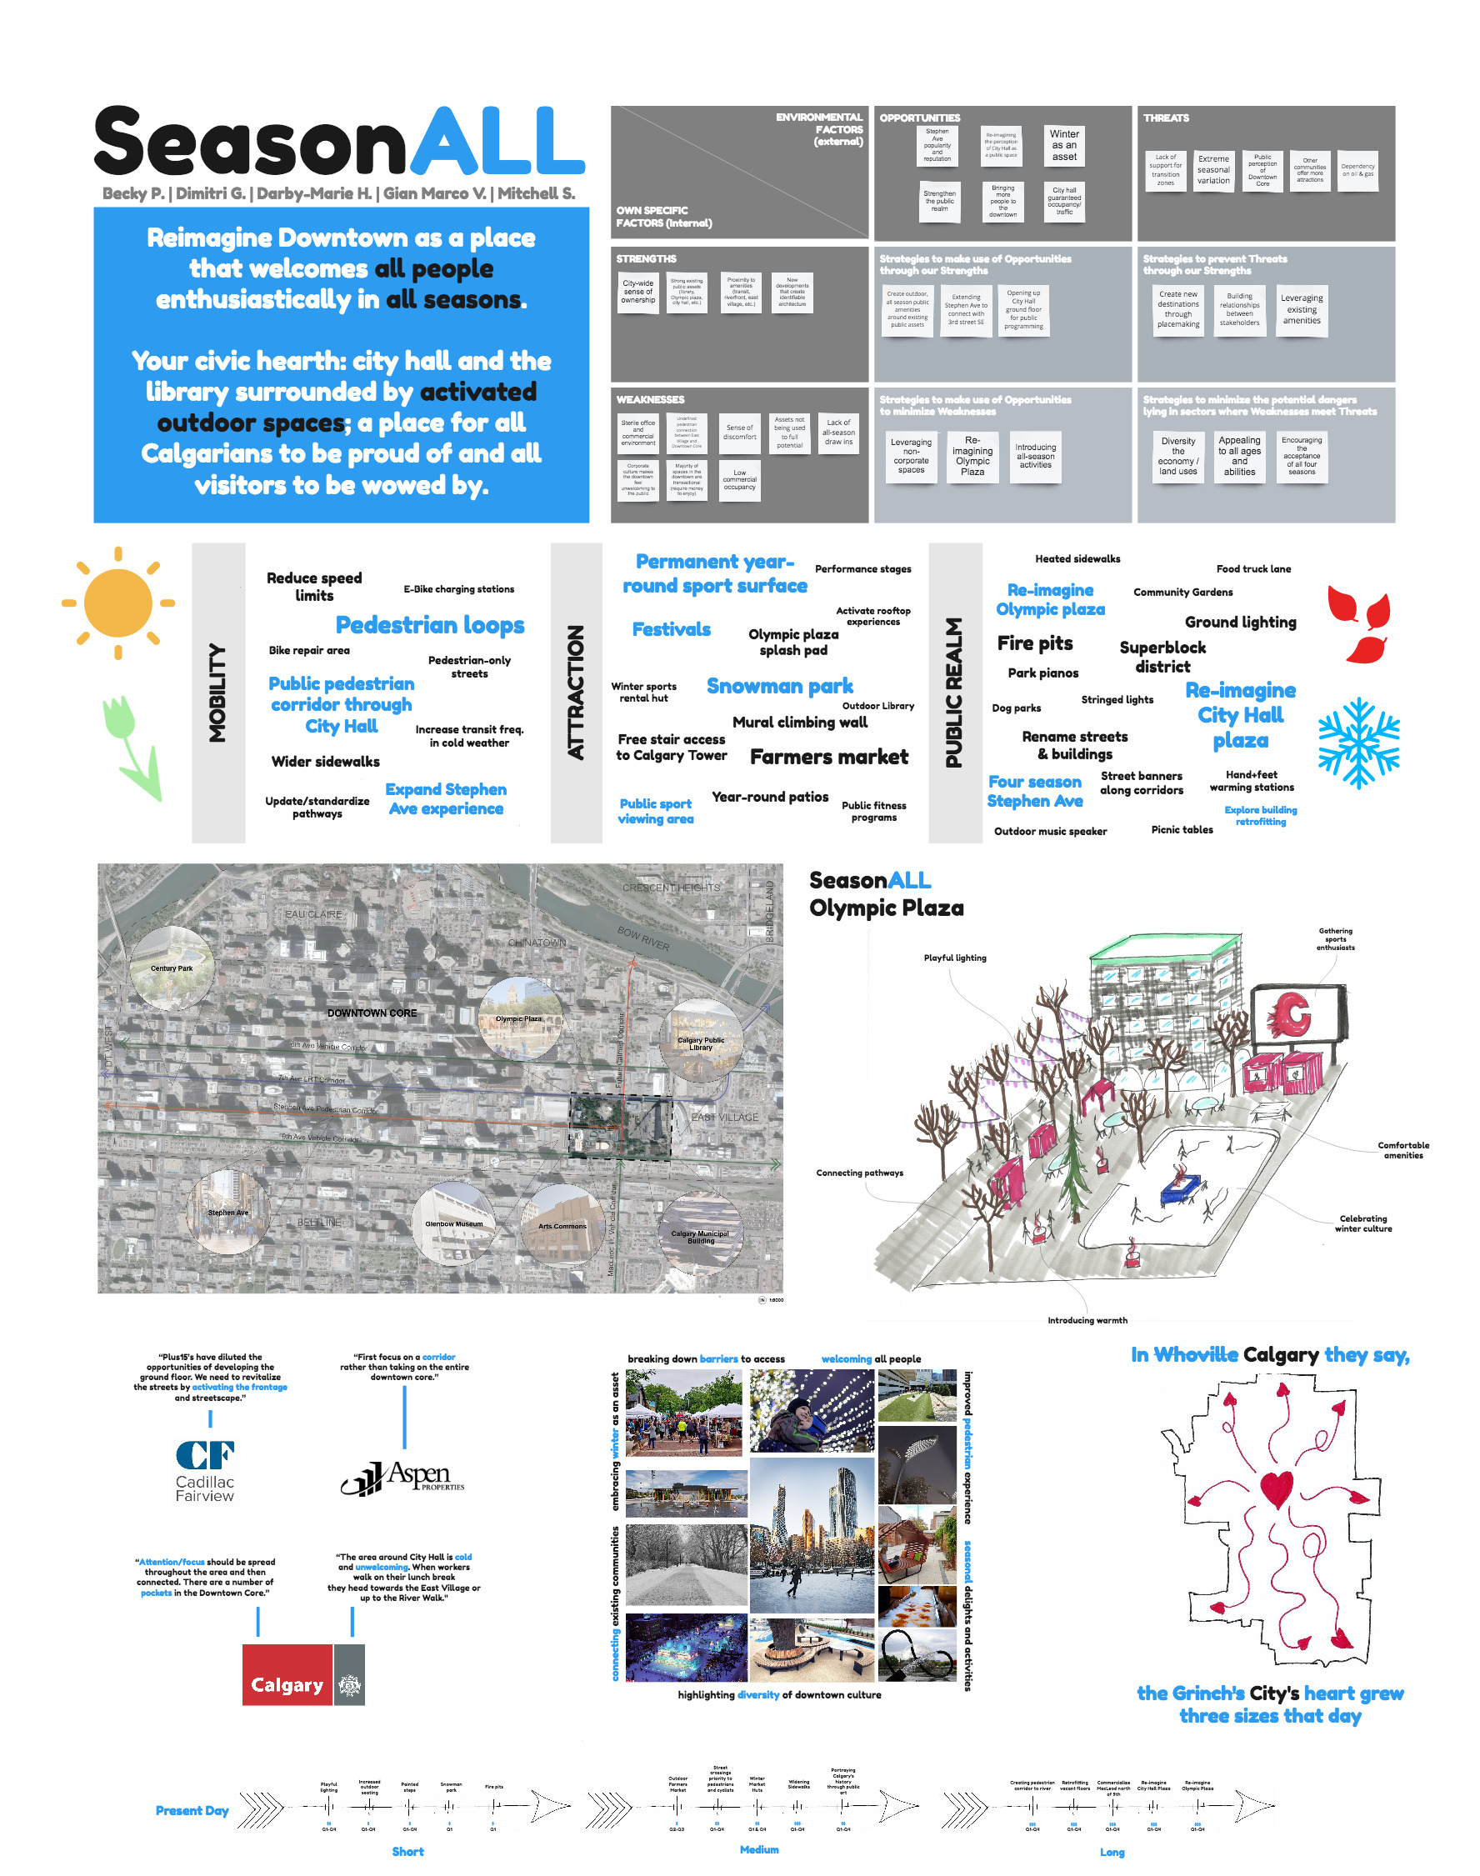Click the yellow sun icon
(x=118, y=603)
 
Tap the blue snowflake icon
(x=1357, y=743)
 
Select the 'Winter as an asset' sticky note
(x=1064, y=146)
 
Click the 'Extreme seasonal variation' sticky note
(x=1213, y=170)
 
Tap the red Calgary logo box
(x=287, y=1674)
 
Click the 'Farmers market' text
(x=828, y=758)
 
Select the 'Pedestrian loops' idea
(x=430, y=625)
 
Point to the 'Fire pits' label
(x=1035, y=643)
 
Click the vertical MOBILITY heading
(x=217, y=693)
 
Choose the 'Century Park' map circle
(x=171, y=967)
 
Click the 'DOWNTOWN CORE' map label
(x=372, y=1013)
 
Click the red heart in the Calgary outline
(x=1277, y=1488)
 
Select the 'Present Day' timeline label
(x=192, y=1810)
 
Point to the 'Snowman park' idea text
(x=779, y=686)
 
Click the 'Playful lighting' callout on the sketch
(x=954, y=958)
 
